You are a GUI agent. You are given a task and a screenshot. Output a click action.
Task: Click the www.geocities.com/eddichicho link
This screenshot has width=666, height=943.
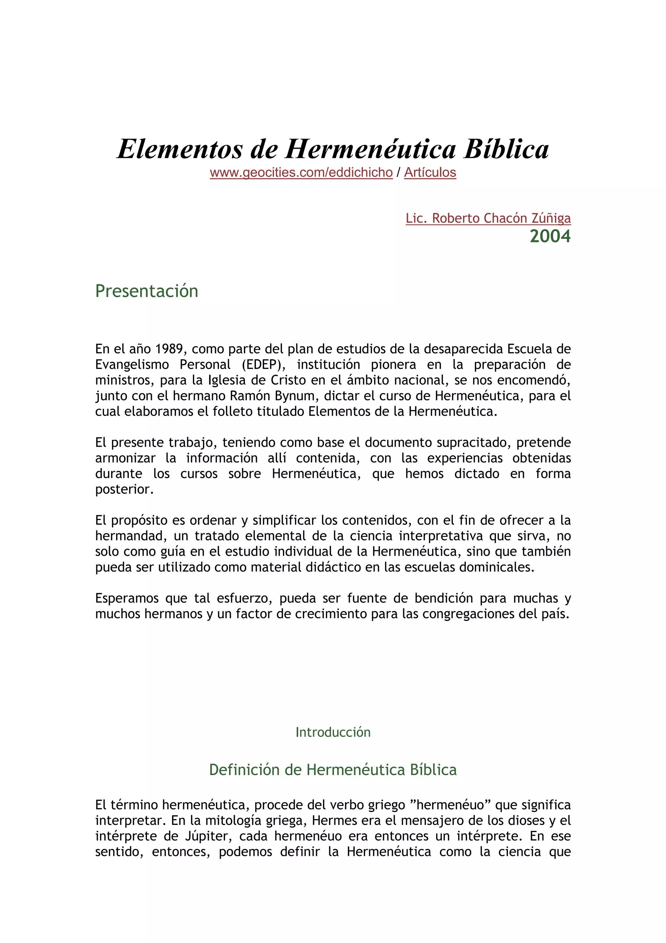pyautogui.click(x=301, y=172)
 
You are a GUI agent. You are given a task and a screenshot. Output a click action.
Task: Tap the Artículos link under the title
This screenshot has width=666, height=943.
pyautogui.click(x=430, y=172)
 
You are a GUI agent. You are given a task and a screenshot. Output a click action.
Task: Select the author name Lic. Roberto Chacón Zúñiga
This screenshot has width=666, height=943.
pyautogui.click(x=488, y=218)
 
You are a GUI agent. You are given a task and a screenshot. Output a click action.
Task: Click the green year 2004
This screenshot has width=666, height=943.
pyautogui.click(x=550, y=237)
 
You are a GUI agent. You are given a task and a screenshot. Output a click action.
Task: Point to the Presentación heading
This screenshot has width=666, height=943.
pyautogui.click(x=146, y=291)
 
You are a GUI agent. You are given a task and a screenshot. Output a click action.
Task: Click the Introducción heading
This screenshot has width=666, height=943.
pyautogui.click(x=333, y=732)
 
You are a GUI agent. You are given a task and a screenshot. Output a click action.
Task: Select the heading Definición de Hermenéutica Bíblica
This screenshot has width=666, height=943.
pyautogui.click(x=333, y=770)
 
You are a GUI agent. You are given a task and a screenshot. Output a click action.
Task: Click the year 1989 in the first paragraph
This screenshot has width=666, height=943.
pyautogui.click(x=169, y=349)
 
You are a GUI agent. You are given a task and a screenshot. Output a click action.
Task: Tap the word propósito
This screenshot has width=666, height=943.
pyautogui.click(x=138, y=521)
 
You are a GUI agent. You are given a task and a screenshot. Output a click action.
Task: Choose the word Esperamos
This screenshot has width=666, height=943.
pyautogui.click(x=127, y=598)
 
